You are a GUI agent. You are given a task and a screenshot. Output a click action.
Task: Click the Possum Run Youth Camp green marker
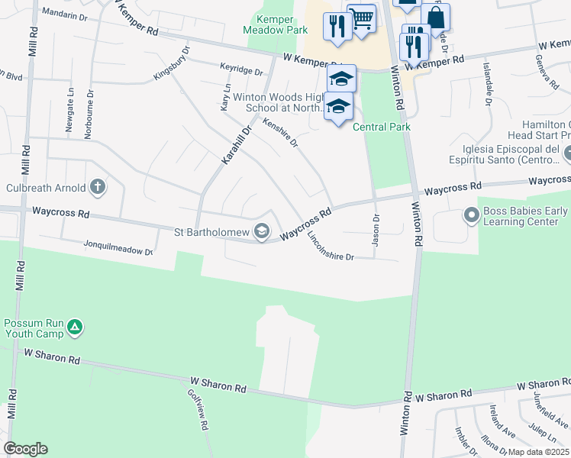(74, 328)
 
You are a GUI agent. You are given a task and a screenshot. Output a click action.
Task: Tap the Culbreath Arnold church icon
(97, 186)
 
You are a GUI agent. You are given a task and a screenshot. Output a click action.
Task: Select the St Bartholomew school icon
(262, 231)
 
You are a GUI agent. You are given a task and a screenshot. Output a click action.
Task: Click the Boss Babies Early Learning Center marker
(471, 216)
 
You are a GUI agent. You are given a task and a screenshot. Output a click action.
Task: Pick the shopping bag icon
(435, 17)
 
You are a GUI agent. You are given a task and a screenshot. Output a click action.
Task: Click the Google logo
(25, 449)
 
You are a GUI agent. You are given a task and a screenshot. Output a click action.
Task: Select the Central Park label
(382, 127)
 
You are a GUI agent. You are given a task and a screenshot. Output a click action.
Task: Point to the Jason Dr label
(376, 228)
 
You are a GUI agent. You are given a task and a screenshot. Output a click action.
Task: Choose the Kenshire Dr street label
(279, 131)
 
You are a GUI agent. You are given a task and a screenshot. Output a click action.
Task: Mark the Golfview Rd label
(198, 411)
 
